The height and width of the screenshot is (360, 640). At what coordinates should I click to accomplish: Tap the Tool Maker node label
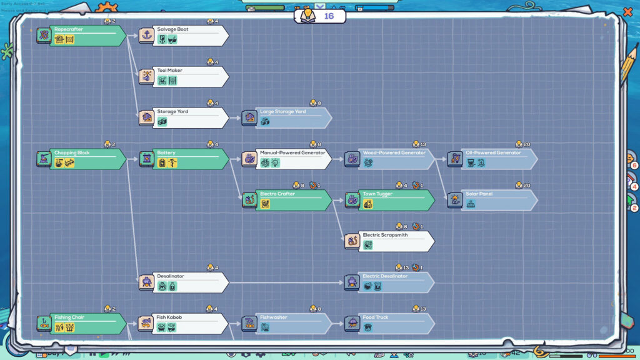[170, 71]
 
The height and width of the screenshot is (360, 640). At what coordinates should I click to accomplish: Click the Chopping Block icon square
[43, 159]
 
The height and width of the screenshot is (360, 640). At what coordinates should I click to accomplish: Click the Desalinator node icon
[146, 282]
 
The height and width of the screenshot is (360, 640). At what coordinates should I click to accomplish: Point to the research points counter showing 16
[320, 16]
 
